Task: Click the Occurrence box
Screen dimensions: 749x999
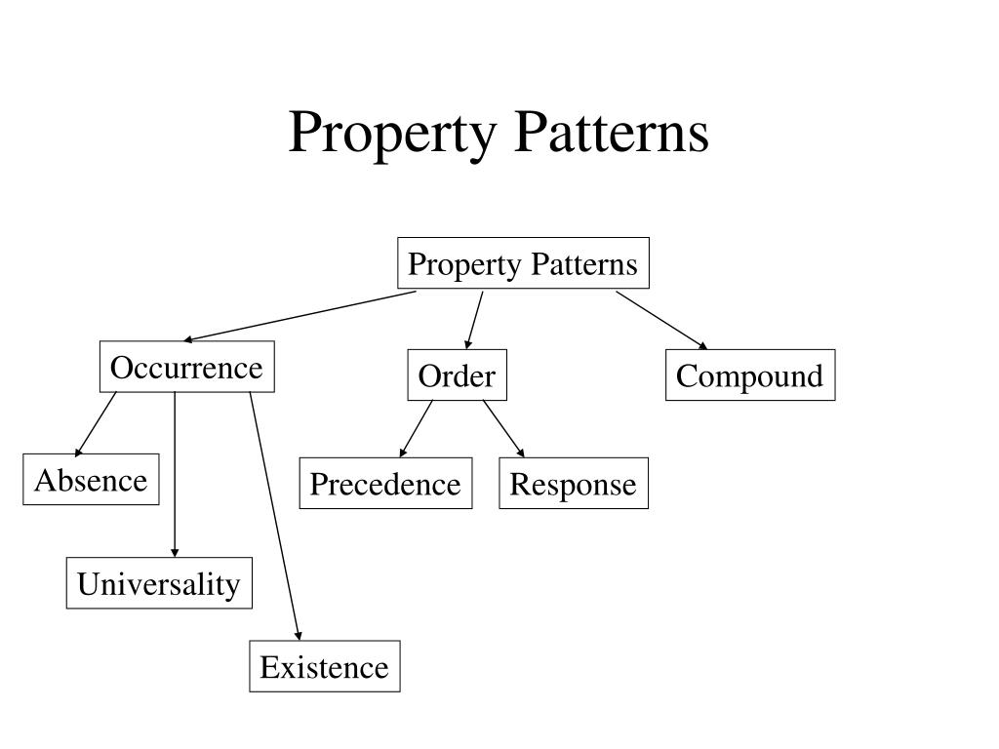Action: click(186, 368)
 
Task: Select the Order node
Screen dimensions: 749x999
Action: click(457, 376)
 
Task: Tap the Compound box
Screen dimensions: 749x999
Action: click(749, 375)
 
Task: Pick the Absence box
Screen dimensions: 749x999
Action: click(91, 480)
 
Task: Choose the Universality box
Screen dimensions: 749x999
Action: click(159, 584)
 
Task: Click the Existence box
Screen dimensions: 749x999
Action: click(324, 667)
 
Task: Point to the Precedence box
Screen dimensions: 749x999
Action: click(385, 484)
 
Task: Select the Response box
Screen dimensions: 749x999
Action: click(573, 484)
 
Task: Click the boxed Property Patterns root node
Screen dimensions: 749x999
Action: click(523, 264)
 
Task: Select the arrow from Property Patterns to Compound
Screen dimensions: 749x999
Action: click(660, 319)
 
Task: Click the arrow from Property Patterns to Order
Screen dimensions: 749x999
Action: click(475, 320)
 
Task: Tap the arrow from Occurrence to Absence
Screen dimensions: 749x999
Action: click(96, 423)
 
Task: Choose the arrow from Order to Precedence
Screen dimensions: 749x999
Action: click(417, 428)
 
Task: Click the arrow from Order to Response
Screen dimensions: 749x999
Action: click(503, 428)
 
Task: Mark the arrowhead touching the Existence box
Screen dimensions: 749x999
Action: click(299, 636)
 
